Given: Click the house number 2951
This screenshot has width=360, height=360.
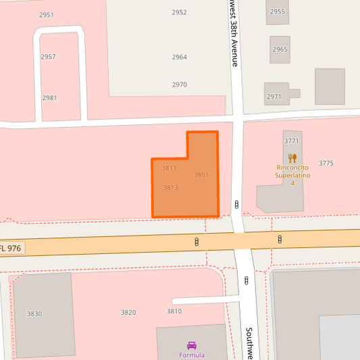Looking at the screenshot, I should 47,15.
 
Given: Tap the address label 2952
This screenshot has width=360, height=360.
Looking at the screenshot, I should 179,12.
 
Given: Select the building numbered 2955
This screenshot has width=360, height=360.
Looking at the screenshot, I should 278,12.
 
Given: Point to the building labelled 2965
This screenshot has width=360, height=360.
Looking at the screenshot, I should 280,50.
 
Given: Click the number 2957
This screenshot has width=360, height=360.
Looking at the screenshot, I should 48,57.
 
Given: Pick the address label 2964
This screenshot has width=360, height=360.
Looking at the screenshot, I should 179,57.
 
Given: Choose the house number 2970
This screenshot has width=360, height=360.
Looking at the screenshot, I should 179,85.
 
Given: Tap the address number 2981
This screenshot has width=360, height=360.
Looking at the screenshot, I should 49,98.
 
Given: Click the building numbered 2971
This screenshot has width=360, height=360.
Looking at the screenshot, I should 274,97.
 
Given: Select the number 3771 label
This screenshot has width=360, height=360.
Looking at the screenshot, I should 292,140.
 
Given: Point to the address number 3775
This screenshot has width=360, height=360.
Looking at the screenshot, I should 326,163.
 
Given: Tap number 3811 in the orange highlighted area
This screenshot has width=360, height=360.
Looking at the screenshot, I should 169,168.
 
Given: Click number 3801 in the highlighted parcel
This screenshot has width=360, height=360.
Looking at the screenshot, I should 201,175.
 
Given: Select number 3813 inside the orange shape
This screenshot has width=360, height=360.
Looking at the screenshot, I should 170,188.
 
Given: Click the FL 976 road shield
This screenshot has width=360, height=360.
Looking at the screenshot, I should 11,248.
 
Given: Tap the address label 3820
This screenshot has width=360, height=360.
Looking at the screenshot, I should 128,313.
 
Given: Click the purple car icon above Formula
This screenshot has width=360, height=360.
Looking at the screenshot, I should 191,345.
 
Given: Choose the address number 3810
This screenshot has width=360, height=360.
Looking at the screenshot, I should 174,311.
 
